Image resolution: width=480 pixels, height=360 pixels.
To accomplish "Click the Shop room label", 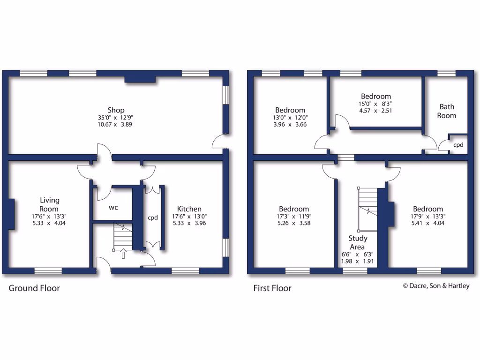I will click(116, 110).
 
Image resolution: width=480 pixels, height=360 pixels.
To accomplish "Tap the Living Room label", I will click(49, 204).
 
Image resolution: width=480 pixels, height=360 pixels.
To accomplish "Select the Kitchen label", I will click(189, 209).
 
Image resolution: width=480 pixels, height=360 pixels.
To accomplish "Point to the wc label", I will click(113, 207).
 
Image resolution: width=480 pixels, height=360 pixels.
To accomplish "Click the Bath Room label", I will click(446, 111).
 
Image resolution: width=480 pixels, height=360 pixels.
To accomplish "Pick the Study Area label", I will click(358, 242).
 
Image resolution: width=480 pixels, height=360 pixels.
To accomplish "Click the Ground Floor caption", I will click(34, 288).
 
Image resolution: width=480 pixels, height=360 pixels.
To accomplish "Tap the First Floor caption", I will click(272, 288).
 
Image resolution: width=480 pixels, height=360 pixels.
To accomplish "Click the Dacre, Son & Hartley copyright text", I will click(436, 286).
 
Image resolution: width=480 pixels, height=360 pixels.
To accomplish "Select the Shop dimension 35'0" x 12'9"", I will click(116, 118).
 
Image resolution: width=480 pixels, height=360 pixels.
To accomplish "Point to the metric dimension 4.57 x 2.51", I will click(375, 111).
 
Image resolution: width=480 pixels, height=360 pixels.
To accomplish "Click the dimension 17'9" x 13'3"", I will click(428, 216).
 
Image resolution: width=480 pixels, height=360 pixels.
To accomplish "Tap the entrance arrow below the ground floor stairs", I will click(123, 254).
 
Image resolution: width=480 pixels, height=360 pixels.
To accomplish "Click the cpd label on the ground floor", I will click(153, 217).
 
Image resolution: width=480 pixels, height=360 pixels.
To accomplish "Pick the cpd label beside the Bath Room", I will click(458, 145).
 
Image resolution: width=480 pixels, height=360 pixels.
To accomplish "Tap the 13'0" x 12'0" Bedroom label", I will click(290, 110).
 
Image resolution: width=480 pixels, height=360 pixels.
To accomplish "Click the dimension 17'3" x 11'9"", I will click(294, 216).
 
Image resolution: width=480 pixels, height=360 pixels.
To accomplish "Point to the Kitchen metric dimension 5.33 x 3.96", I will click(189, 223).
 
